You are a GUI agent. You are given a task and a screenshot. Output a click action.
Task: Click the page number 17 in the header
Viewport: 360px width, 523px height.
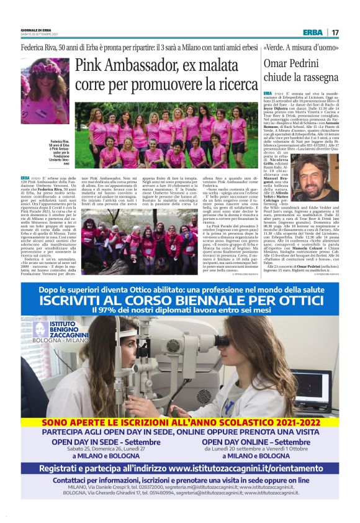click(x=335, y=32)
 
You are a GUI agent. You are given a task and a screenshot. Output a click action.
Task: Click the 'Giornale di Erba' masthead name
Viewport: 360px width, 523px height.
click(x=36, y=30)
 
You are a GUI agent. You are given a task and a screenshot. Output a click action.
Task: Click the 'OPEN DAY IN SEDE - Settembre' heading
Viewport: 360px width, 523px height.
click(x=97, y=442)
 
